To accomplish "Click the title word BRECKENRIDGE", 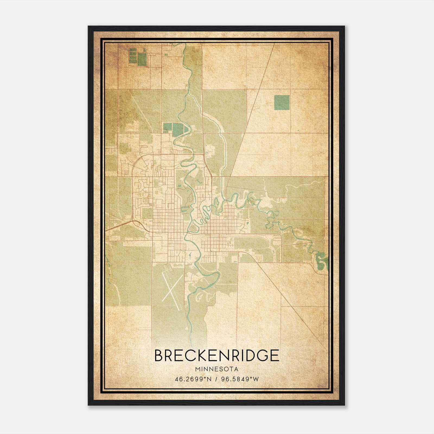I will point(217,355).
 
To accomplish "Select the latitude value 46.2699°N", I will point(193,379).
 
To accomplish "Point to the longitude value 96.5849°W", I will point(240,379).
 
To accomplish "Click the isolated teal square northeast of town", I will point(282,103).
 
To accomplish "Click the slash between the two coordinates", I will point(217,379).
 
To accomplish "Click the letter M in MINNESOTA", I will point(197,369).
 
